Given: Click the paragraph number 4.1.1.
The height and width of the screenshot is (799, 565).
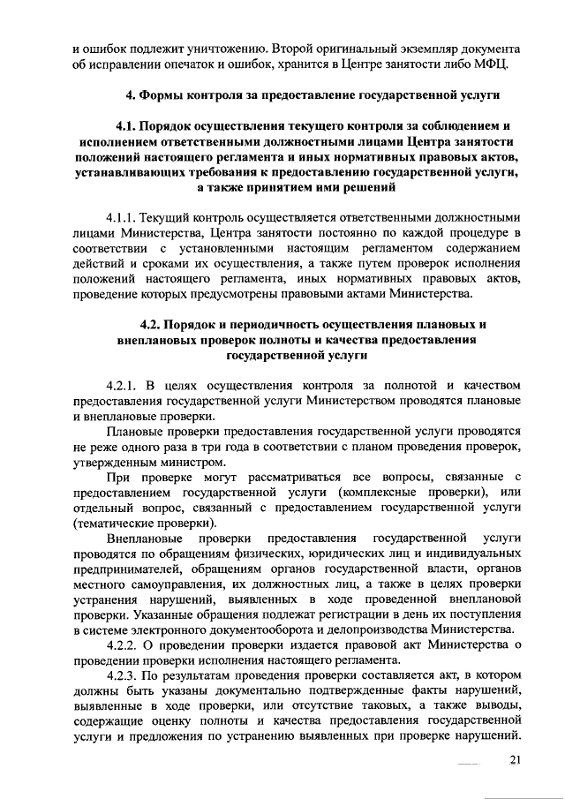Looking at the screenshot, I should [x=123, y=216].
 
